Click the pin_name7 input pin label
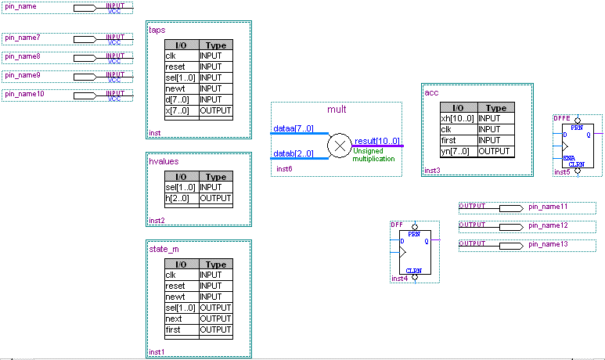pyautogui.click(x=23, y=38)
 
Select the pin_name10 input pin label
pyautogui.click(x=24, y=94)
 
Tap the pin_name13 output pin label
pyautogui.click(x=548, y=244)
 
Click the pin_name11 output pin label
pyautogui.click(x=548, y=207)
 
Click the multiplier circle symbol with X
pyautogui.click(x=339, y=146)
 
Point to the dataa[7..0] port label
pyautogui.click(x=293, y=128)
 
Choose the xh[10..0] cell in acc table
pyautogui.click(x=458, y=118)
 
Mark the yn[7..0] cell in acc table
pyautogui.click(x=458, y=151)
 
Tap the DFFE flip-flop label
pyautogui.click(x=561, y=117)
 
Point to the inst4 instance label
pyautogui.click(x=399, y=278)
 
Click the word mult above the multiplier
pyautogui.click(x=337, y=110)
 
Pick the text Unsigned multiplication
pyautogui.click(x=374, y=154)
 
